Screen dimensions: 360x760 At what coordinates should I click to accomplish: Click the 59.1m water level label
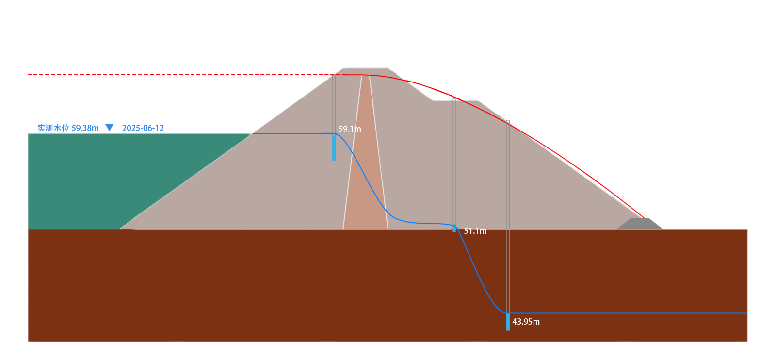coord(350,129)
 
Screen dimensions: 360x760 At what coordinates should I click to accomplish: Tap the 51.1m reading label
coord(475,231)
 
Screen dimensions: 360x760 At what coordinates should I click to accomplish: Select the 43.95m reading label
coord(526,322)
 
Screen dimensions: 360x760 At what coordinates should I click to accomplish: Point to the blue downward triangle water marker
coord(110,128)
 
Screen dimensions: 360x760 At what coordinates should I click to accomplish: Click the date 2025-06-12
coord(143,128)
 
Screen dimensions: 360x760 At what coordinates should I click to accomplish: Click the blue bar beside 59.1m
coord(334,147)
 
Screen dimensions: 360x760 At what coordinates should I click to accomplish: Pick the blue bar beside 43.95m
coord(508,322)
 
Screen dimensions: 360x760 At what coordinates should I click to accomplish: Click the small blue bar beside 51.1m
coord(454,228)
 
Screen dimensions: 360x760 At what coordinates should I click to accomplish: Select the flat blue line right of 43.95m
coord(631,313)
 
